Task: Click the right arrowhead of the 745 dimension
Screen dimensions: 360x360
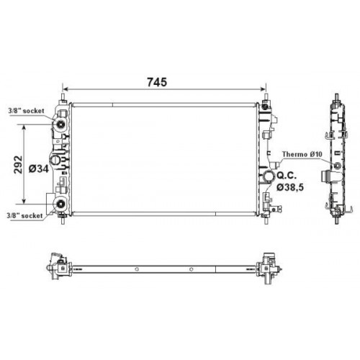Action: point(264,90)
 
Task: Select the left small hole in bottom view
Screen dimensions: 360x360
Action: point(135,271)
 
